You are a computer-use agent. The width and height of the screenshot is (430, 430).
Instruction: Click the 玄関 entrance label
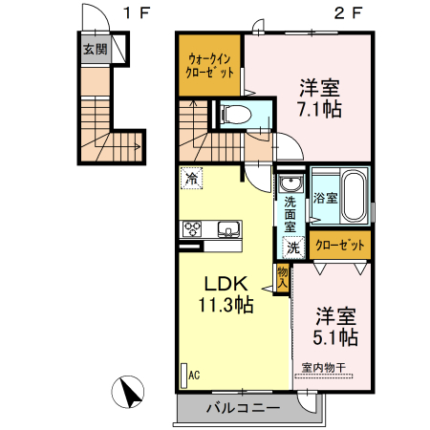[95, 50]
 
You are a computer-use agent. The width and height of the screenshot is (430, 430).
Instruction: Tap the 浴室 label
[326, 199]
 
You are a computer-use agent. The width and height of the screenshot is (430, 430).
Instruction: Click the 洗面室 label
[290, 215]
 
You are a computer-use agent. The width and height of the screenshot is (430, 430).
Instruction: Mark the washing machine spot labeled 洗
[293, 247]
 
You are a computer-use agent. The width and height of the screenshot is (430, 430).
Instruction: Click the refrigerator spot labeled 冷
[192, 179]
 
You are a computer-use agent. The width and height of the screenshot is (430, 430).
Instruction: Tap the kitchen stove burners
[192, 229]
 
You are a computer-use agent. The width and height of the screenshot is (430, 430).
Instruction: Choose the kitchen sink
[228, 229]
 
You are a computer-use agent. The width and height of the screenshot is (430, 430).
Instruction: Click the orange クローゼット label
[340, 246]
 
